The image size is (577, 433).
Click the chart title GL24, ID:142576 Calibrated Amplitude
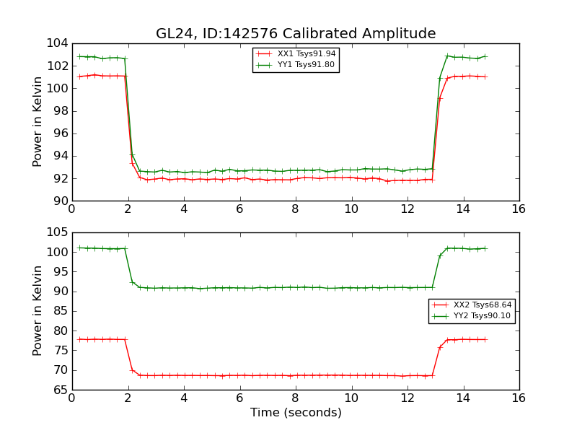[296, 34]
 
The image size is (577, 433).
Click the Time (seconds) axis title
[296, 413]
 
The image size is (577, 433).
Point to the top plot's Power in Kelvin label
[38, 122]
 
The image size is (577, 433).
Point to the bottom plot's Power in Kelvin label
[38, 311]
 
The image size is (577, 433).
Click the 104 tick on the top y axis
[59, 43]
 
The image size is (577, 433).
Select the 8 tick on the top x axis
[295, 209]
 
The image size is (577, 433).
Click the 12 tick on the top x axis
[408, 209]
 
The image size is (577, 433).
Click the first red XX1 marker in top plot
[79, 76]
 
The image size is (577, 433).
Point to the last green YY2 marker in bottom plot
[485, 248]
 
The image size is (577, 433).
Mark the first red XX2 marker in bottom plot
[79, 339]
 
